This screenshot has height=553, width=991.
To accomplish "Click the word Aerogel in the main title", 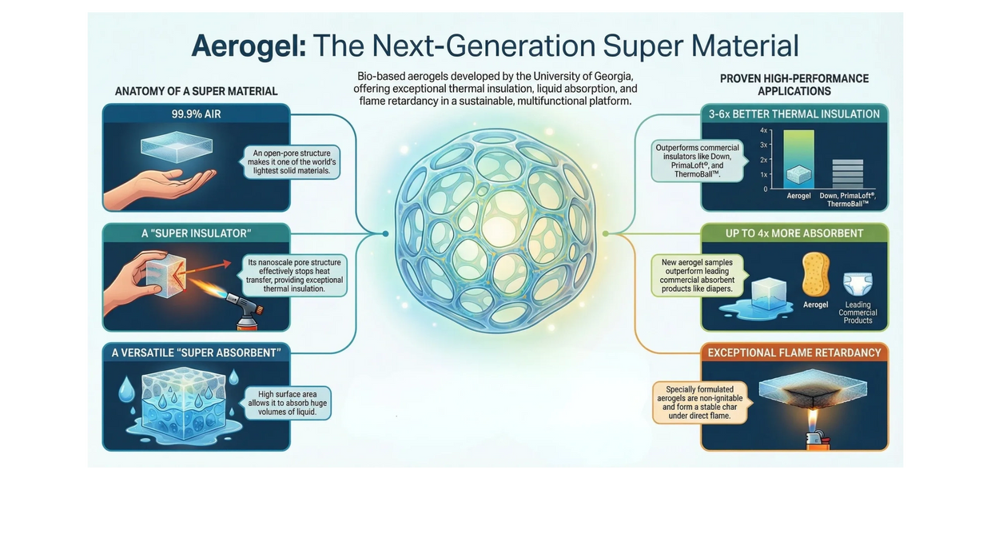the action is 249,46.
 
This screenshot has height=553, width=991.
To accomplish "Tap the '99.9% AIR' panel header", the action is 196,114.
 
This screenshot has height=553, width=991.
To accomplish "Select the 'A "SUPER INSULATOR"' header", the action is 196,233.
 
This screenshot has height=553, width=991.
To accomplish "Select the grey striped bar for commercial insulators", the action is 847,174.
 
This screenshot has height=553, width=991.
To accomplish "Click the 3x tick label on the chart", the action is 763,145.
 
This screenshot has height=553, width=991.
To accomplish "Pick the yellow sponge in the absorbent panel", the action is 815,274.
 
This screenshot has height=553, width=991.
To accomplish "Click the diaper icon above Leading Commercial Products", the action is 858,284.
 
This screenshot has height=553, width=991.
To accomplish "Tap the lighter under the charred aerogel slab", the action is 813,441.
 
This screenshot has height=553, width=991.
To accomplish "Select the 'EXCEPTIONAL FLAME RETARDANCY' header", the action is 794,352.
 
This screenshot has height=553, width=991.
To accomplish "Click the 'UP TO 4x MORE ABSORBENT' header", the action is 794,233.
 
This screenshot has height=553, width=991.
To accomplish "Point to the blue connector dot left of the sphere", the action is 385,233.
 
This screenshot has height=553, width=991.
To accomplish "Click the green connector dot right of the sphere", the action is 605,233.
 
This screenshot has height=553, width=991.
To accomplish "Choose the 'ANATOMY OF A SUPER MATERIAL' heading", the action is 196,91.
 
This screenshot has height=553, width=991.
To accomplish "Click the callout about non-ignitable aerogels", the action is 700,403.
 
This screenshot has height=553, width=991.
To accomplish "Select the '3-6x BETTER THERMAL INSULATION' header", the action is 794,114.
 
